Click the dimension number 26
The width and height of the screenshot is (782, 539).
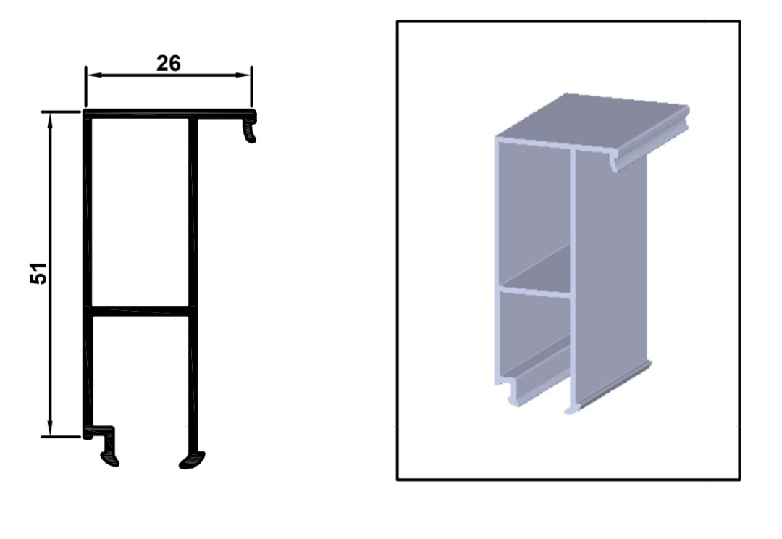(x=168, y=63)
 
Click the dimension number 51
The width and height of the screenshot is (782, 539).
(x=38, y=274)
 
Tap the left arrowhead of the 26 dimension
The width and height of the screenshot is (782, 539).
(x=93, y=75)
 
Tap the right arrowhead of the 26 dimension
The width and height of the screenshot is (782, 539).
(x=243, y=75)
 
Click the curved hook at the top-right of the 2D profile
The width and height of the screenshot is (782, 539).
(x=249, y=130)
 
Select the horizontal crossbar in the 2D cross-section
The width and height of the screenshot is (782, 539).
(x=140, y=312)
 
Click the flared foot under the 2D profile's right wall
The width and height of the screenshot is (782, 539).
(x=192, y=460)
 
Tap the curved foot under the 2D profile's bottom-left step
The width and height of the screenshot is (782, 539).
(x=110, y=458)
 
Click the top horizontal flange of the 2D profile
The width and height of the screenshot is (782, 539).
(x=169, y=114)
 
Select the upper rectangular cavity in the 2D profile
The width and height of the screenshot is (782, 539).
(x=140, y=212)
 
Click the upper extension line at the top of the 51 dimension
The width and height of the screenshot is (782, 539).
(x=61, y=112)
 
